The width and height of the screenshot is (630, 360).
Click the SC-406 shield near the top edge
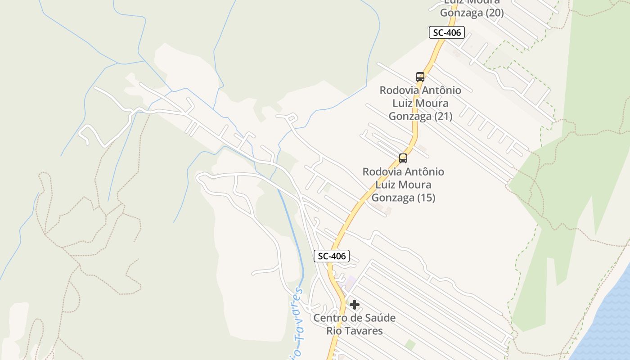(446, 32)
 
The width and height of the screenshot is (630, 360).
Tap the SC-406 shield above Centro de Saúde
(332, 256)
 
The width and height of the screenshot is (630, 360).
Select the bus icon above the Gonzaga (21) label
(420, 77)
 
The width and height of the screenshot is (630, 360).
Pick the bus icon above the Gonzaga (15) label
(403, 158)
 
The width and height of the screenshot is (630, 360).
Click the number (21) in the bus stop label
(443, 116)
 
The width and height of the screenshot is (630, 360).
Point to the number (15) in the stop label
(426, 198)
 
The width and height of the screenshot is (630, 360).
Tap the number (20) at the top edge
(494, 13)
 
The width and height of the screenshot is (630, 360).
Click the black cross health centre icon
(355, 305)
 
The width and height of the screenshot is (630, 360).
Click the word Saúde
(380, 318)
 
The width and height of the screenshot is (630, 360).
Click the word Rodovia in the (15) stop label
(382, 172)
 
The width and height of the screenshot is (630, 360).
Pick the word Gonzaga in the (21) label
(410, 116)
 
